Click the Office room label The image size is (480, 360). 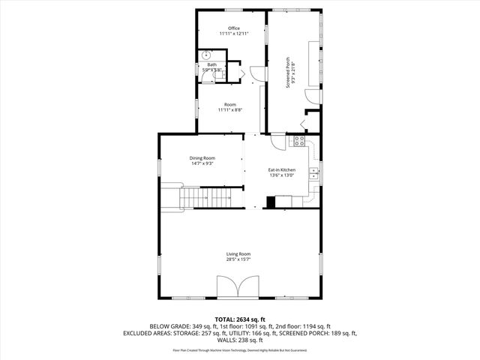click(x=234, y=28)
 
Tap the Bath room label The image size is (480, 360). click(x=212, y=65)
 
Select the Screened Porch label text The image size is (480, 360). click(x=287, y=72)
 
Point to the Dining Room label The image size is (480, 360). click(x=202, y=157)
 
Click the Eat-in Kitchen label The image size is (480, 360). click(x=282, y=170)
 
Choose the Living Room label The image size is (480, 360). click(x=238, y=254)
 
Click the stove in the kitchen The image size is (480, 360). click(x=299, y=140)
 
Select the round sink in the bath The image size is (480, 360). click(x=206, y=55)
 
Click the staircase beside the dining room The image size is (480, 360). click(x=207, y=198)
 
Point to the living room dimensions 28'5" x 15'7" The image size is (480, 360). click(x=238, y=259)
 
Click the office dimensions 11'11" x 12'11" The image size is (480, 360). click(x=234, y=34)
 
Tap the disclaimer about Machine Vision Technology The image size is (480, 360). click(x=240, y=349)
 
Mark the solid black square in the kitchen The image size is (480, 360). click(x=270, y=201)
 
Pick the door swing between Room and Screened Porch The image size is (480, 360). click(x=257, y=73)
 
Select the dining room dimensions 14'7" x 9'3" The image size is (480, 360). click(x=202, y=163)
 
